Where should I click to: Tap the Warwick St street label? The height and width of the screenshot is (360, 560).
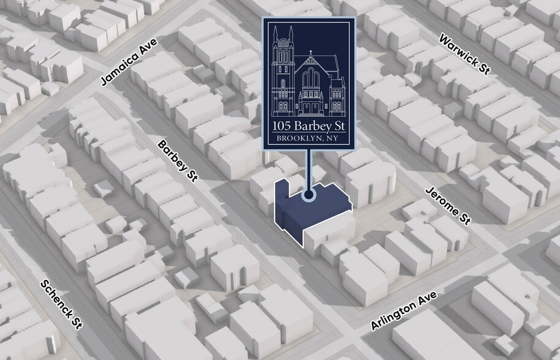coord(465,53)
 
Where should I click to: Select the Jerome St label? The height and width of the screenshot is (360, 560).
coord(448,206)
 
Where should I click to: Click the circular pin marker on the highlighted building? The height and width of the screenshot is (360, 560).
coord(309,195)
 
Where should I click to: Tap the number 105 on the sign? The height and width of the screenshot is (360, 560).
coord(286,127)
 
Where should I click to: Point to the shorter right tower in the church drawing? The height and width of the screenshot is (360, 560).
coord(337,95)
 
